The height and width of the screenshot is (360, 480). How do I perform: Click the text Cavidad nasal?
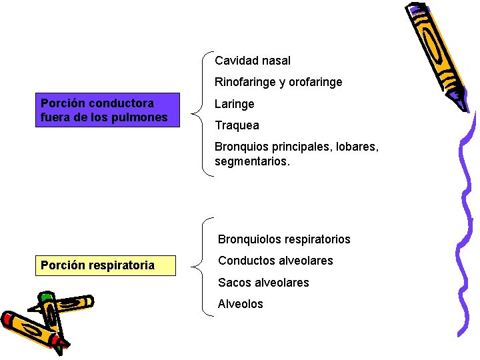[253, 61]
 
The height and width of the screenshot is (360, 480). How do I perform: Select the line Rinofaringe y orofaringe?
[278, 82]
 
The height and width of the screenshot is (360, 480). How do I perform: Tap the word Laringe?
[234, 104]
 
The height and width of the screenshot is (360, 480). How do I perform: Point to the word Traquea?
[237, 125]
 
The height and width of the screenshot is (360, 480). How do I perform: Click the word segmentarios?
[252, 161]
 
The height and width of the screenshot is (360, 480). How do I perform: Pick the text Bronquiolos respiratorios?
[284, 239]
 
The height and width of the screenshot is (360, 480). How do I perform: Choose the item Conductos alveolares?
[275, 261]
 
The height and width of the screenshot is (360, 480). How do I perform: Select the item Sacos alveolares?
[263, 283]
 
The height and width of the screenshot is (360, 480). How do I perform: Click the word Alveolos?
[240, 304]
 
